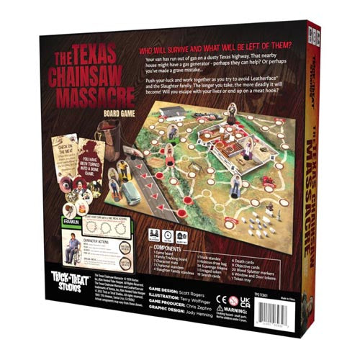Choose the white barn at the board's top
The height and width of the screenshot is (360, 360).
171,113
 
